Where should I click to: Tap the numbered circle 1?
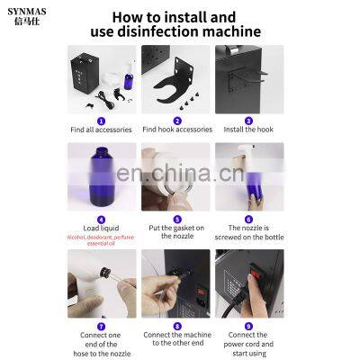coord(102,120)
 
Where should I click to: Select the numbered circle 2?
coord(177,120)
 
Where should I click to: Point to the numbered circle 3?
coord(248,120)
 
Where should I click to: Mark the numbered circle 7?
coord(102,325)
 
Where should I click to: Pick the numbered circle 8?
coord(177,325)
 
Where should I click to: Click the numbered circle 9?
coord(248,325)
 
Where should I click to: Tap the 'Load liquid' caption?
coord(102,229)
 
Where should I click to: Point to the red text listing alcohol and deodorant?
coord(102,240)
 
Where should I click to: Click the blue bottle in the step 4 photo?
coord(100,180)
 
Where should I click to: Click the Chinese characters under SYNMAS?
coord(27,25)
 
